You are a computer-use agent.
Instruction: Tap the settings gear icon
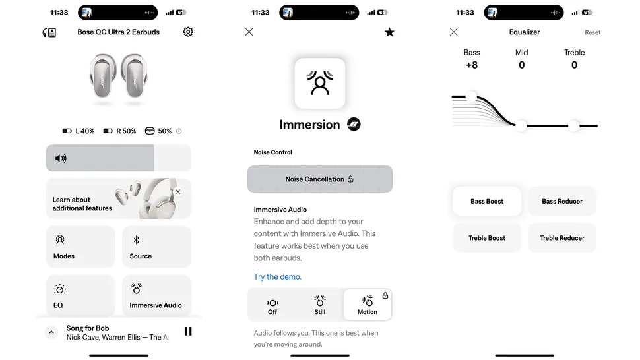(188, 32)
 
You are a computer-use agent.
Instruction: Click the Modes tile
(80, 247)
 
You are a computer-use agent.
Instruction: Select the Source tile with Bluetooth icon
(156, 247)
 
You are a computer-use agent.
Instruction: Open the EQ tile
(80, 295)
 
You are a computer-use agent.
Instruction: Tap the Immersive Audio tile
(156, 295)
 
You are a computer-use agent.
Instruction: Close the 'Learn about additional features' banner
(177, 192)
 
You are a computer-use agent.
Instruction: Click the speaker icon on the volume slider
(61, 158)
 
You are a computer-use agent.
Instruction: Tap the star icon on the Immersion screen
(389, 32)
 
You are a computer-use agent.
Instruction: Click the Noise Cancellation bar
(320, 179)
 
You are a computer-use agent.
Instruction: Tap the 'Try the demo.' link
(278, 277)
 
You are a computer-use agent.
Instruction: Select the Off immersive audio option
(272, 305)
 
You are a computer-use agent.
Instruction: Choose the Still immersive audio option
(320, 305)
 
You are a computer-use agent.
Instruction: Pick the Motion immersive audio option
(368, 305)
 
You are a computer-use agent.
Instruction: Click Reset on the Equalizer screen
(592, 32)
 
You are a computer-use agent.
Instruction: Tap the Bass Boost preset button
(487, 202)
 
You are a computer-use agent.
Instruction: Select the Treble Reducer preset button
(562, 238)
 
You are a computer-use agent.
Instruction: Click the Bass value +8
(472, 65)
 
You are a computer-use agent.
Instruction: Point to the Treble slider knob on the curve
(574, 125)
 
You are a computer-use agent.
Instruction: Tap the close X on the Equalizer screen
(453, 32)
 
